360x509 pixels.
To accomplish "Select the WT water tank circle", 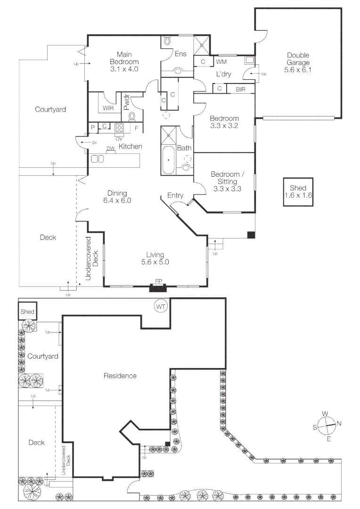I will tap(161, 307).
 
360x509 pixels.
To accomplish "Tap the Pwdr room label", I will tap(126, 102).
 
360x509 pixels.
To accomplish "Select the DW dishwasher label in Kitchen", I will tap(111, 149).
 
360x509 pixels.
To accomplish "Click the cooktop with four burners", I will tap(119, 127).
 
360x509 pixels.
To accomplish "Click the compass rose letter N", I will tap(339, 423).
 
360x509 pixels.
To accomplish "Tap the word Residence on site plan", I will tap(120, 376).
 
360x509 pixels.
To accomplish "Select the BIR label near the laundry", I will tap(240, 89).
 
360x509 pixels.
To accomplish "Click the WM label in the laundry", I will tap(221, 62).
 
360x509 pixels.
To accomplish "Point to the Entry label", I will tap(175, 196).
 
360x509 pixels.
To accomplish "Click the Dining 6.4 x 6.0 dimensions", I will tap(117, 200).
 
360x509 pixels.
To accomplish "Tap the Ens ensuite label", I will tap(180, 54).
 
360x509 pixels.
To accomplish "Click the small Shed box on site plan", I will tap(27, 312).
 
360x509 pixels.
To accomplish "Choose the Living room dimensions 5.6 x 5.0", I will tap(155, 262).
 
